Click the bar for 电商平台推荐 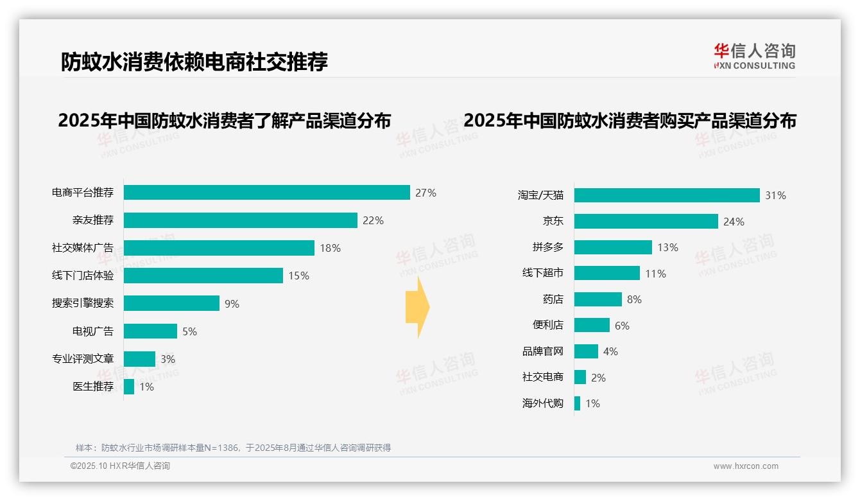pyautogui.click(x=266, y=193)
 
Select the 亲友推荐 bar pyautogui.click(x=240, y=220)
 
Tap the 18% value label pyautogui.click(x=330, y=248)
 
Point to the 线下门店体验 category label pyautogui.click(x=83, y=276)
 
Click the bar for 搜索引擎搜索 pyautogui.click(x=171, y=303)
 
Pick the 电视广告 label pyautogui.click(x=92, y=331)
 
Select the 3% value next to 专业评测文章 pyautogui.click(x=168, y=359)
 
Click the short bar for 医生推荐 pyautogui.click(x=129, y=387)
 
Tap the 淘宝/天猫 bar pyautogui.click(x=667, y=195)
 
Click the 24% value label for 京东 pyautogui.click(x=734, y=222)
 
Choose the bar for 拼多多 pyautogui.click(x=613, y=247)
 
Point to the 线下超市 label pyautogui.click(x=542, y=274)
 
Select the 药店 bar pyautogui.click(x=598, y=299)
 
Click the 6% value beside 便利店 pyautogui.click(x=622, y=326)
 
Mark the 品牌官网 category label pyautogui.click(x=542, y=351)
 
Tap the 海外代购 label pyautogui.click(x=542, y=403)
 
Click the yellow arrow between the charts pyautogui.click(x=417, y=307)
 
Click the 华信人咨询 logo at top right pyautogui.click(x=754, y=56)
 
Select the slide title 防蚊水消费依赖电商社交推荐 pyautogui.click(x=194, y=62)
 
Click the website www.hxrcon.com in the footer pyautogui.click(x=746, y=466)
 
